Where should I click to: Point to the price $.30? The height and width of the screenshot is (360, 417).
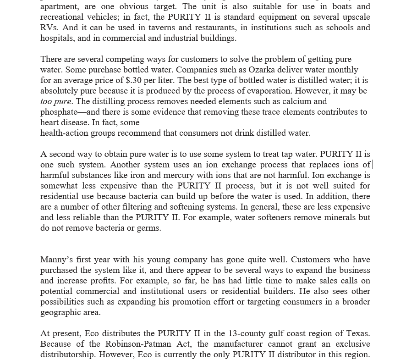pos(133,80)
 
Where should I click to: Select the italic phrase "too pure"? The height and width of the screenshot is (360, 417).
pos(55,101)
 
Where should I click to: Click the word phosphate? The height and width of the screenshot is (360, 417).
pos(59,112)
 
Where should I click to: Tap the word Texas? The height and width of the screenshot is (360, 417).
pos(357,333)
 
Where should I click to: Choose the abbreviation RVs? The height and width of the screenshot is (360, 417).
pos(49,28)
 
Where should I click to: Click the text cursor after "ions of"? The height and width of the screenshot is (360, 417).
pos(373,165)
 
